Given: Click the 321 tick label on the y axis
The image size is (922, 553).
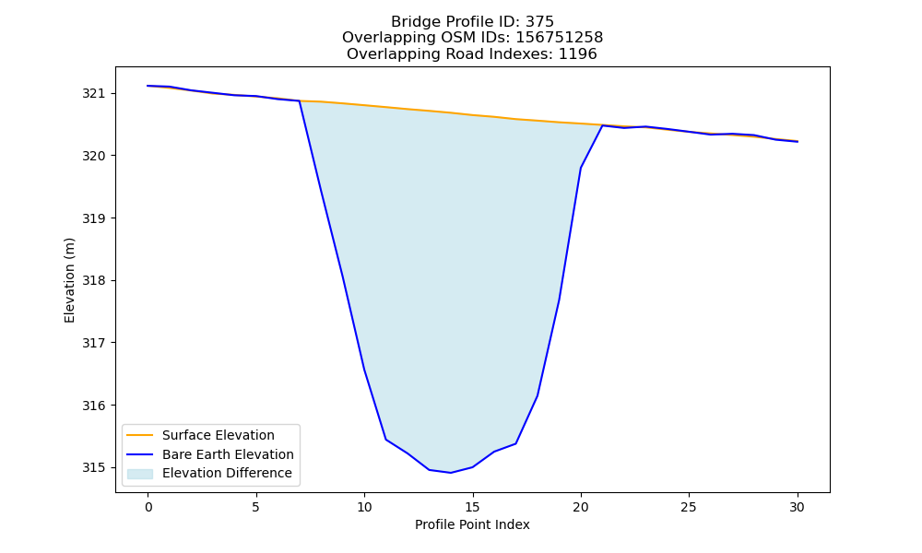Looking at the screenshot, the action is click(x=91, y=93).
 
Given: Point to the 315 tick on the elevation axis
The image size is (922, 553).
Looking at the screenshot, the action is click(x=91, y=468).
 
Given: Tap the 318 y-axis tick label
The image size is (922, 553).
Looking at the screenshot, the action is click(x=91, y=280).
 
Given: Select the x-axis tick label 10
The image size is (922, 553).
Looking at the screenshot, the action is click(x=364, y=507).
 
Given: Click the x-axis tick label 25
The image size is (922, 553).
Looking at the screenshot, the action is click(x=689, y=507).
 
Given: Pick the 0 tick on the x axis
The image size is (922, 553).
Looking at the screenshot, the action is click(x=148, y=507).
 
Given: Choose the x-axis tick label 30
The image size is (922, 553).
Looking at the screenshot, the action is click(x=797, y=507).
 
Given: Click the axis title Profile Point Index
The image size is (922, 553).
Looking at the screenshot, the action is click(x=472, y=524).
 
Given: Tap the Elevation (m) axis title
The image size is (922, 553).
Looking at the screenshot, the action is click(x=69, y=280).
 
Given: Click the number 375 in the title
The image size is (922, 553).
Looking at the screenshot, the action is click(x=539, y=22).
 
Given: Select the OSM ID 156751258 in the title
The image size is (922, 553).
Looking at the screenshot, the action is click(x=560, y=38).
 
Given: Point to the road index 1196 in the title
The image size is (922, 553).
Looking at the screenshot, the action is click(x=577, y=54).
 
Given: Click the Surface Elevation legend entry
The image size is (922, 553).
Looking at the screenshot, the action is click(x=219, y=435).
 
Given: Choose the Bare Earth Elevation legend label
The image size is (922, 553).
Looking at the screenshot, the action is click(x=228, y=454).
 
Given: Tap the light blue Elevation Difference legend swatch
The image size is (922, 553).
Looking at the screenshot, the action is click(x=140, y=473).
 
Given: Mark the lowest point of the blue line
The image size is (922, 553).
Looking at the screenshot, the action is click(x=451, y=473).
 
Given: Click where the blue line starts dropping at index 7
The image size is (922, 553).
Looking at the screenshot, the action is click(x=300, y=101).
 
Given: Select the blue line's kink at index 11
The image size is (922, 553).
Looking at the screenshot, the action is click(x=385, y=440).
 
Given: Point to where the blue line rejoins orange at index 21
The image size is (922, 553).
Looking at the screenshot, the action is click(x=602, y=125).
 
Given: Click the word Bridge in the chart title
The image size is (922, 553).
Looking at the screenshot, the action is click(x=411, y=22).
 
